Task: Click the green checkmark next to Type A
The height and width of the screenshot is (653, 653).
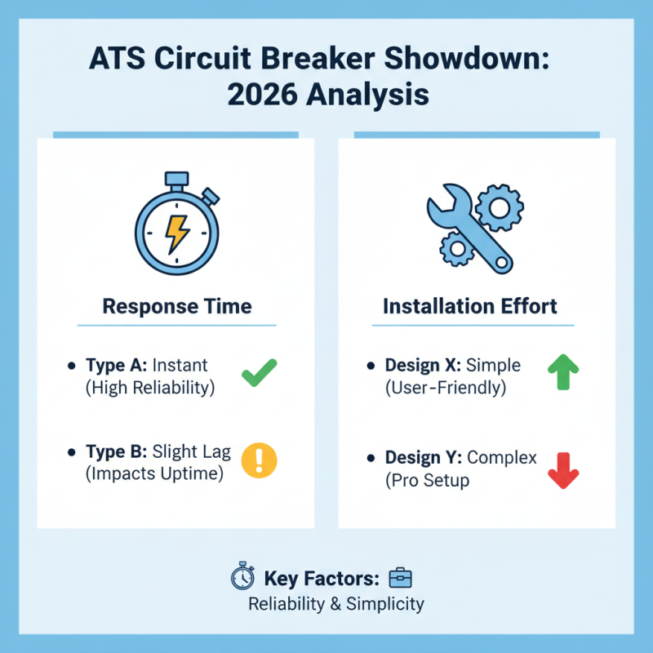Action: [260, 375]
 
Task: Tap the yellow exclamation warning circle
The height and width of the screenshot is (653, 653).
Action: [260, 461]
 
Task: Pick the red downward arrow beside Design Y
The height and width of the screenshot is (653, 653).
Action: [562, 469]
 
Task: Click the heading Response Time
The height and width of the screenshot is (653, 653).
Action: [176, 307]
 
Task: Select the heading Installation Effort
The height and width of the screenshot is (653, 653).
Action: [470, 307]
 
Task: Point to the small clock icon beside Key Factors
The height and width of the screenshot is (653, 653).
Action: [242, 578]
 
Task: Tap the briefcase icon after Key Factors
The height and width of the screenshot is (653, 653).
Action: [401, 578]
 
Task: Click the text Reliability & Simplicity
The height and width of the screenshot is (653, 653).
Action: [336, 604]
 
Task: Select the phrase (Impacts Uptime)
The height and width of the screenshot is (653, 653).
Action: [154, 473]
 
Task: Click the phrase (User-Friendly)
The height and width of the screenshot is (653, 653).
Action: [446, 388]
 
